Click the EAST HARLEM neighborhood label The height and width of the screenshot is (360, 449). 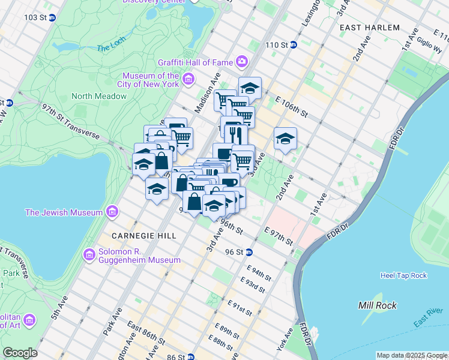(x=369, y=28)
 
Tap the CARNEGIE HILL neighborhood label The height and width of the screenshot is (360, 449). (x=144, y=236)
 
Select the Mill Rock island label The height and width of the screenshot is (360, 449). (x=377, y=305)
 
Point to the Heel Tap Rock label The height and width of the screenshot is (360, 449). (x=403, y=275)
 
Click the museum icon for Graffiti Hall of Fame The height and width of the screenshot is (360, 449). (x=242, y=62)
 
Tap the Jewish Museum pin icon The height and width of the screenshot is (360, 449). (x=111, y=212)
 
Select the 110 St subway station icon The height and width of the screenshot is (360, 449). (x=294, y=45)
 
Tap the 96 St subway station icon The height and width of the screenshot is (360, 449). (x=249, y=252)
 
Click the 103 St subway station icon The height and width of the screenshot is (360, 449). (x=52, y=18)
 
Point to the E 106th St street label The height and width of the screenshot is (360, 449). (x=291, y=106)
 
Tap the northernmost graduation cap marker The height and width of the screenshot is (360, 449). (x=250, y=88)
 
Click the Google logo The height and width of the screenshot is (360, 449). (x=20, y=353)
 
